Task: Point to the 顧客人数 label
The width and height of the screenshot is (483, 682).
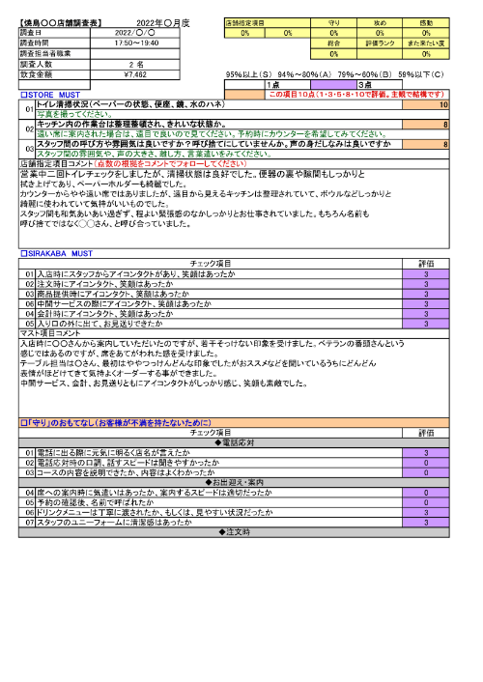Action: [39, 63]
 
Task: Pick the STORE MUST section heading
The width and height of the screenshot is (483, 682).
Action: [48, 95]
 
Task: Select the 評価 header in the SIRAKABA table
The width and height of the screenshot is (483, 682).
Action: [426, 263]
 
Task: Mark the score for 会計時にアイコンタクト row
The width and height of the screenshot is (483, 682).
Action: [426, 314]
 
